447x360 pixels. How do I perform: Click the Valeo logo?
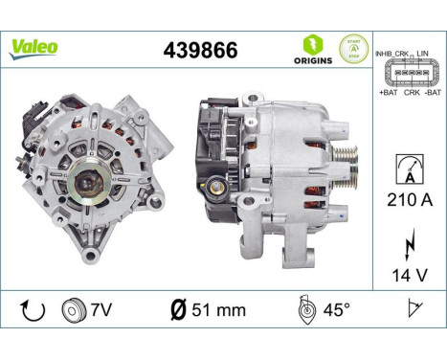[34, 47]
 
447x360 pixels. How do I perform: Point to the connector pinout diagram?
[408, 72]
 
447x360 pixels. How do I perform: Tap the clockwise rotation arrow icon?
[30, 309]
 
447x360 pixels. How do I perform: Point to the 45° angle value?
[327, 309]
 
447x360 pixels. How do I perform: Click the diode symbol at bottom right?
[413, 309]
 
